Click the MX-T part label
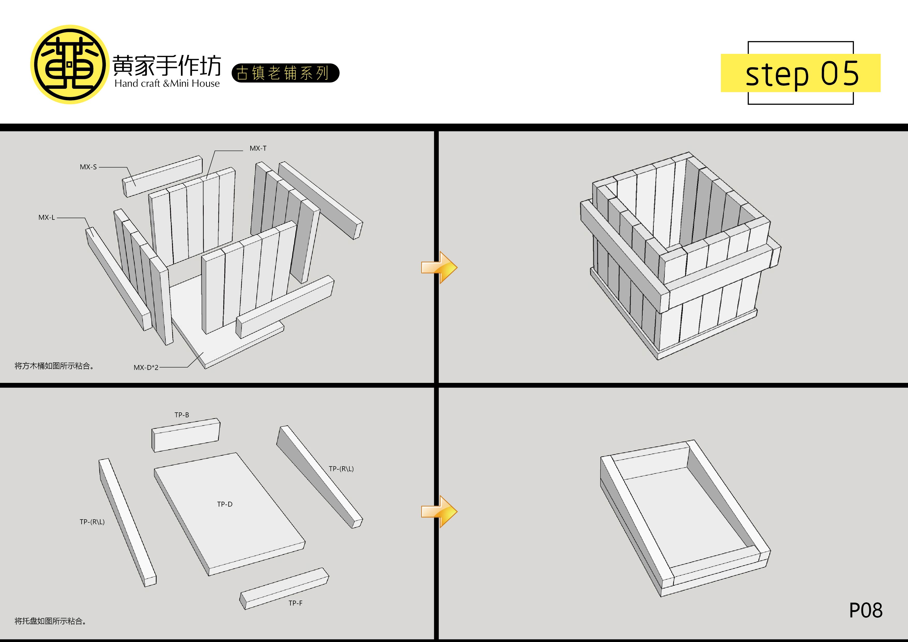click(x=258, y=148)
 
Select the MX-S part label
click(x=88, y=167)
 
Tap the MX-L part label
click(x=47, y=217)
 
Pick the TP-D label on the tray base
click(x=225, y=504)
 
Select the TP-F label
click(x=295, y=603)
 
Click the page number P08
click(x=866, y=610)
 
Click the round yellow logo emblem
click(x=70, y=64)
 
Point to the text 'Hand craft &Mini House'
click(x=167, y=83)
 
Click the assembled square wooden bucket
click(x=680, y=256)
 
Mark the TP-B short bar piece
click(x=186, y=435)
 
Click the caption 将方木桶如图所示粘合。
click(x=55, y=366)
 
